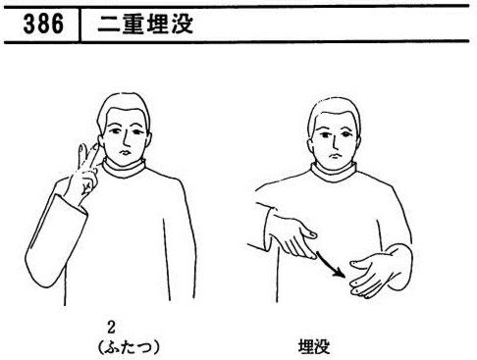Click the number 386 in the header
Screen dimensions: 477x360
click(x=43, y=25)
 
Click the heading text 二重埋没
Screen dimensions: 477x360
click(x=145, y=25)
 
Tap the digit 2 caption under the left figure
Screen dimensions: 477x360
click(x=112, y=328)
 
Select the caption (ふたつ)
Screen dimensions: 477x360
click(x=129, y=347)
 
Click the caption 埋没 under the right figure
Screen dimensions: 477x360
click(x=314, y=347)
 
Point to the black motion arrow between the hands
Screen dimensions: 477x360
click(x=331, y=264)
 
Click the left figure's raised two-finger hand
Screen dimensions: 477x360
click(x=85, y=174)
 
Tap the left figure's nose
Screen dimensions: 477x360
click(x=126, y=140)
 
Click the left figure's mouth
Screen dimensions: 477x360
click(x=125, y=153)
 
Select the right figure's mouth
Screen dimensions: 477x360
click(x=334, y=155)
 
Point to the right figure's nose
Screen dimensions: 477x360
click(x=334, y=143)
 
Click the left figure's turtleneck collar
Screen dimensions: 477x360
click(x=125, y=169)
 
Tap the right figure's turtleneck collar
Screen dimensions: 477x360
click(x=334, y=173)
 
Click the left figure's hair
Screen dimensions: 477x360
click(x=123, y=108)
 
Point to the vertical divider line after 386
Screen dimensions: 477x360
click(x=79, y=25)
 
